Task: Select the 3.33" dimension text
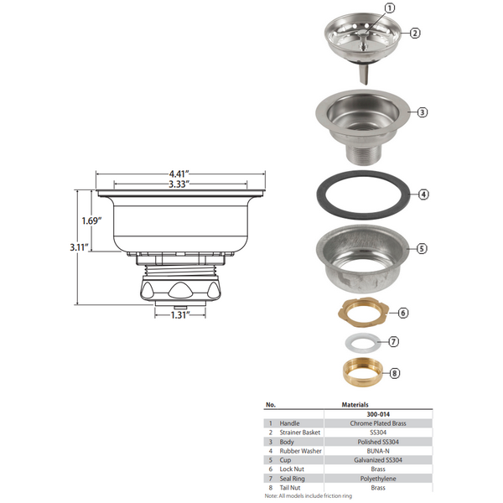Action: [x=178, y=183]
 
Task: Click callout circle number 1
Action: [x=388, y=9]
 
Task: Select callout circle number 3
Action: [x=422, y=112]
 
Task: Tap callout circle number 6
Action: [x=402, y=313]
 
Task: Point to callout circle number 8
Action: [x=396, y=373]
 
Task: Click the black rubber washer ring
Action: [x=361, y=194]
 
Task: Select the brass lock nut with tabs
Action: [x=361, y=312]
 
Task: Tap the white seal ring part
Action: [x=360, y=342]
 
